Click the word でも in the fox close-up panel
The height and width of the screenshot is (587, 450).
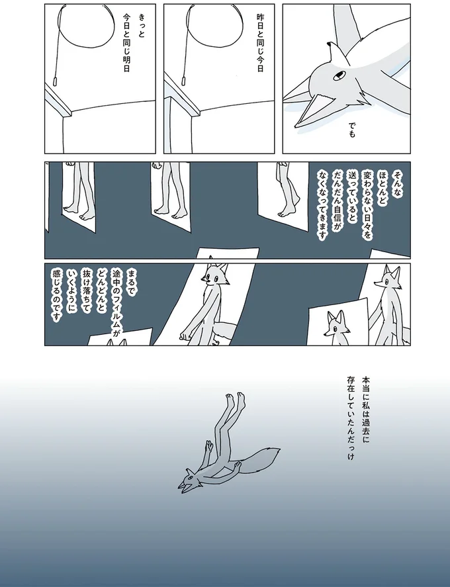click(x=351, y=129)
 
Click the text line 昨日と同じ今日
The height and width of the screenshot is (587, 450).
click(x=260, y=42)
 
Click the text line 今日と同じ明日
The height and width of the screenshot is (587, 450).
click(x=126, y=42)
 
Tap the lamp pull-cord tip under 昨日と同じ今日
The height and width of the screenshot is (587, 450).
click(x=184, y=81)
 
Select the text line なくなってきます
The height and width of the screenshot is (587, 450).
click(x=323, y=206)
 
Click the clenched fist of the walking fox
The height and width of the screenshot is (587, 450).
click(x=185, y=334)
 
